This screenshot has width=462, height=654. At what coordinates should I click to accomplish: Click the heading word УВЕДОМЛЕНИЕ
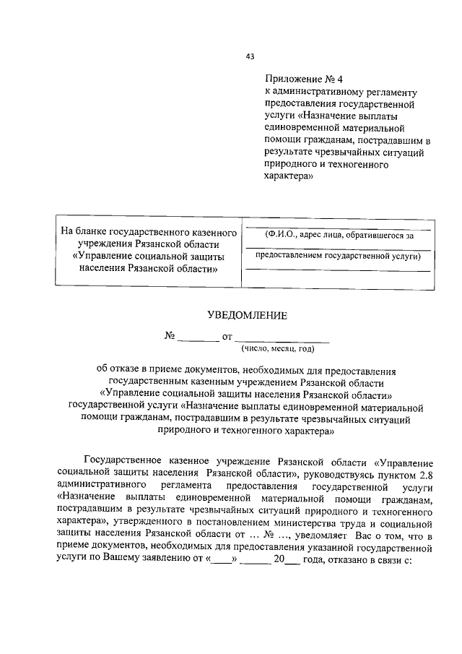click(247, 314)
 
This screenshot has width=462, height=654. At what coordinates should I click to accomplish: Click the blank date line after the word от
click(282, 338)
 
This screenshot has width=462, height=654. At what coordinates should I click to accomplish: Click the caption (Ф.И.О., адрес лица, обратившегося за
click(339, 235)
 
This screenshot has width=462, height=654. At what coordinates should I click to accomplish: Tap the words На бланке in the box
click(83, 233)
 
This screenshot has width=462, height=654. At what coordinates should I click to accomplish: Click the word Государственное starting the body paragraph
click(126, 461)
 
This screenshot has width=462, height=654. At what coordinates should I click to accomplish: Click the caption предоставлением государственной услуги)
click(339, 255)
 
